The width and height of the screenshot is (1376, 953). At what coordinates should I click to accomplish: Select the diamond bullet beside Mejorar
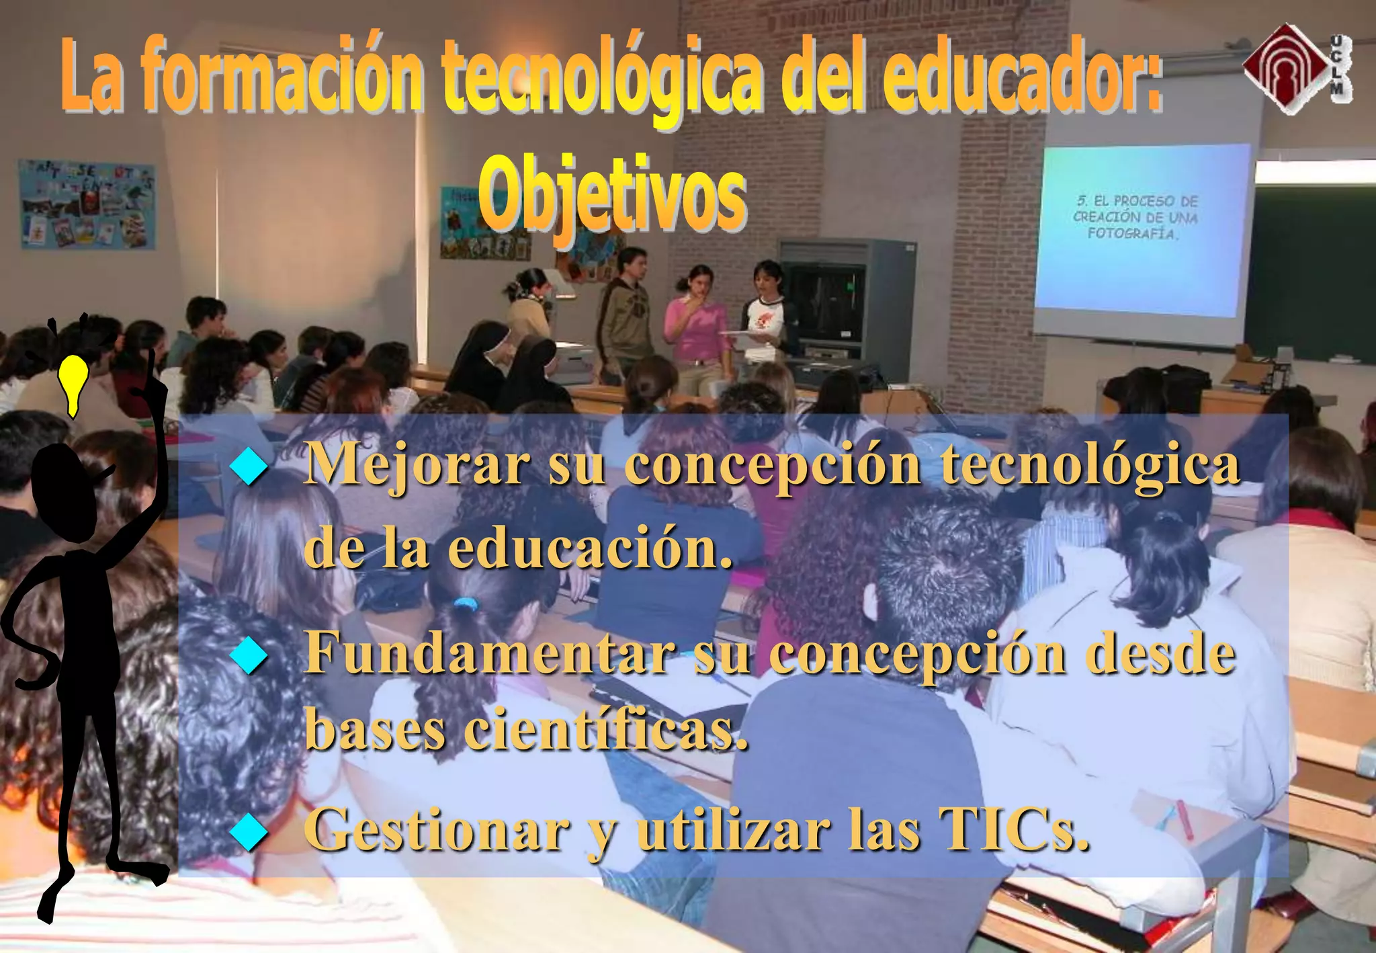pos(249,466)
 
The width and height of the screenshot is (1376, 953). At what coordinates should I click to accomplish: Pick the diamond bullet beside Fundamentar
pos(249,655)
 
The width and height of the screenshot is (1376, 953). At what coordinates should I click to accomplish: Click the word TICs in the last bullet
pos(1013,830)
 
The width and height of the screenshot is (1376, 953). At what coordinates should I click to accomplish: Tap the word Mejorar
pos(417,465)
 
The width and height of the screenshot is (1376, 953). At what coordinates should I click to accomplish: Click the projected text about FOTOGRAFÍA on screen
pos(1135,217)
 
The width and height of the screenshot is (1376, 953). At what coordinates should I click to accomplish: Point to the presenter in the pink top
pos(699,323)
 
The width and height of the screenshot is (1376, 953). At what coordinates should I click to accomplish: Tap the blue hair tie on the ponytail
pos(465,604)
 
